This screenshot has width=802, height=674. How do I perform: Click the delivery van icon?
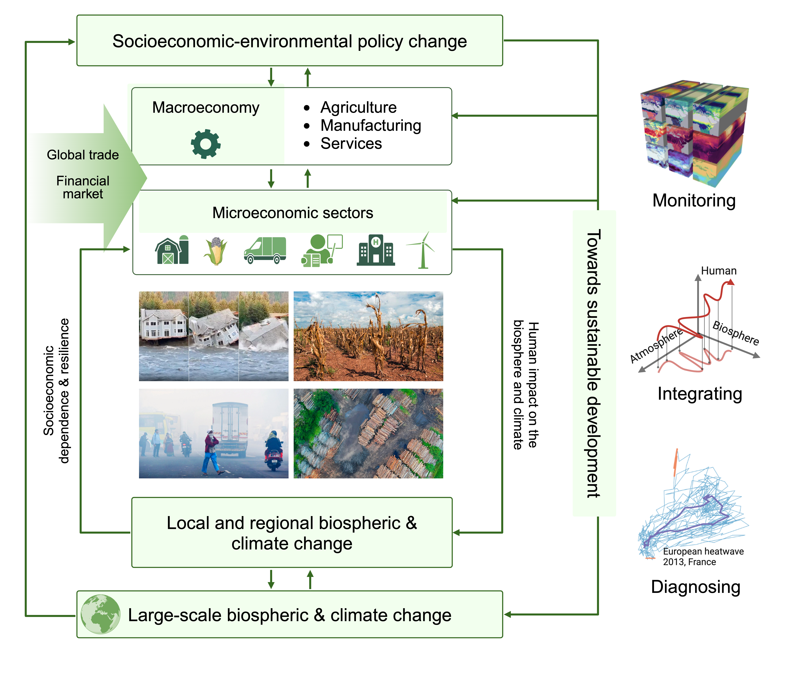coord(265,250)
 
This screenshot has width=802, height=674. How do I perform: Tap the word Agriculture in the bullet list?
coord(358,107)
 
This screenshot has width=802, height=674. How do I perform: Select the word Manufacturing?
coord(370,125)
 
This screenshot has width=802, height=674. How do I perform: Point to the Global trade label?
coord(83,155)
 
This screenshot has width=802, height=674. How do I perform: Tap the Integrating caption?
coord(700,394)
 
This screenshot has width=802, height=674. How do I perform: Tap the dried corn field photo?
coord(368,336)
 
